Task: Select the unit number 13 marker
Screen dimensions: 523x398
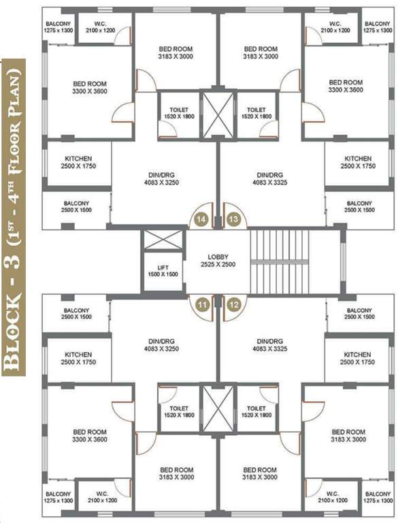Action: click(233, 219)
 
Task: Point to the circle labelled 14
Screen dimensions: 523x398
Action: click(202, 219)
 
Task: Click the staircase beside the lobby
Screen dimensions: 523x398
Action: click(272, 261)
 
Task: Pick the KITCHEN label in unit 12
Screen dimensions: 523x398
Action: click(357, 358)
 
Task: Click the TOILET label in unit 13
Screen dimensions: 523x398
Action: click(256, 112)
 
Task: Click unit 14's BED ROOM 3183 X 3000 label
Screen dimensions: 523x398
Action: click(176, 53)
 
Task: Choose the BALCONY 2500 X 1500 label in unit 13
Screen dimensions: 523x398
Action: click(360, 206)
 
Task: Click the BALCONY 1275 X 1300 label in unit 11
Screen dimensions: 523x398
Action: click(59, 497)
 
